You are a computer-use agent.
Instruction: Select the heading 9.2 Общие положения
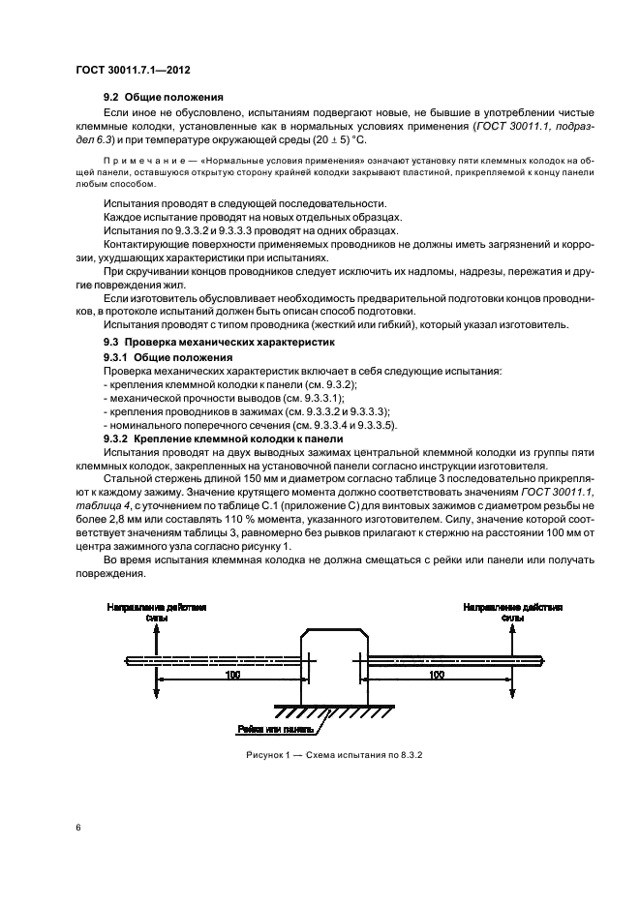165,97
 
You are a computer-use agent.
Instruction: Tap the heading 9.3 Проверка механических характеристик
218,342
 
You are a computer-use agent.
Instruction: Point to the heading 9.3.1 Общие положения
168,356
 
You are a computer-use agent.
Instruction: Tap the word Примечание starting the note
139,158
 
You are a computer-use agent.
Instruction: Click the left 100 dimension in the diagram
231,674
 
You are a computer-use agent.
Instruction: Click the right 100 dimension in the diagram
436,674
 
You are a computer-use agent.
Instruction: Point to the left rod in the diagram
213,658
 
